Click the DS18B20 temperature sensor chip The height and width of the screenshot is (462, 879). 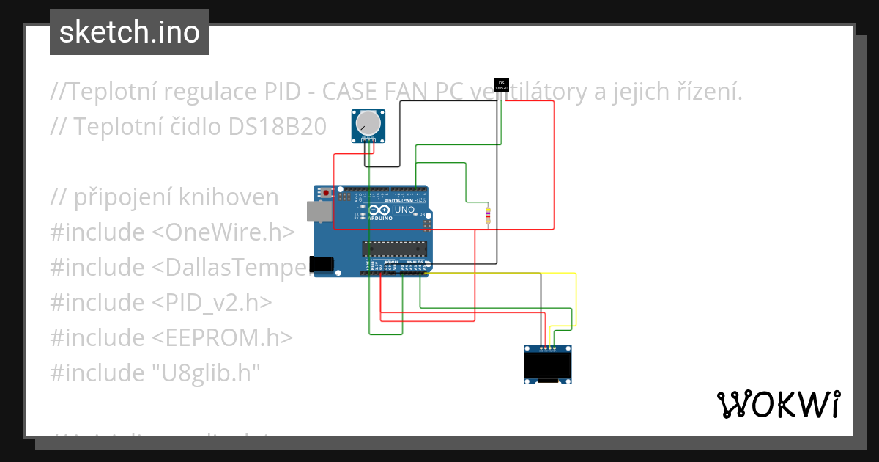click(x=502, y=84)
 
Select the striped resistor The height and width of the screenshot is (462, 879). click(x=488, y=215)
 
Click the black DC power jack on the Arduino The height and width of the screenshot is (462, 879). click(x=322, y=264)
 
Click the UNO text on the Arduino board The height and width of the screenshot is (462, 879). click(x=405, y=210)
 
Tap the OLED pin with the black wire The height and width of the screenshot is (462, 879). click(x=541, y=348)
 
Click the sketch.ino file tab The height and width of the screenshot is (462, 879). click(x=130, y=32)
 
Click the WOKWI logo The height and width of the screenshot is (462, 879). click(x=778, y=404)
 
